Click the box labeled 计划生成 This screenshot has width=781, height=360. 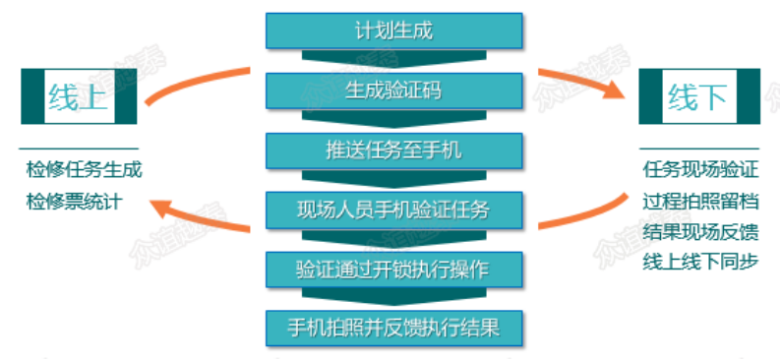[392, 30]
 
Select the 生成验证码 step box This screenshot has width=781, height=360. [392, 90]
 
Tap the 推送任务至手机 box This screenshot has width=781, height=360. [392, 150]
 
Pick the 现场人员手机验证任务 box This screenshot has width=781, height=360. [392, 209]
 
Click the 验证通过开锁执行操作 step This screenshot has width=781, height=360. [392, 268]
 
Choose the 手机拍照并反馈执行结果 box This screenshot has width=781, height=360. [392, 327]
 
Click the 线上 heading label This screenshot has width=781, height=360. [78, 97]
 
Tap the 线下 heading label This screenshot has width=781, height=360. [697, 97]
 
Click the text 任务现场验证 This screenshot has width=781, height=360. [700, 170]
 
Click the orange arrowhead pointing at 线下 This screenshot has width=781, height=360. [615, 90]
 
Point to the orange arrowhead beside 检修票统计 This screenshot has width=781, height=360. [157, 208]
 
